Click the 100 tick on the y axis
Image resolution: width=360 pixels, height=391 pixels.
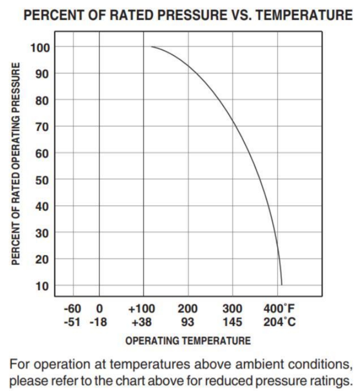pyautogui.click(x=40, y=47)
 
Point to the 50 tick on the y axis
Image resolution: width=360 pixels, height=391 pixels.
pyautogui.click(x=42, y=180)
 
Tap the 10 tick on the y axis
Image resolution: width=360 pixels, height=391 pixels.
pyautogui.click(x=42, y=286)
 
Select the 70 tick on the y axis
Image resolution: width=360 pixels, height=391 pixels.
pyautogui.click(x=42, y=127)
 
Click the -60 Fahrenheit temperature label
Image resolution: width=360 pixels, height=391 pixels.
pyautogui.click(x=72, y=309)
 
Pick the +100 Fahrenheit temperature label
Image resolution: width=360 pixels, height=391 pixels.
pyautogui.click(x=142, y=309)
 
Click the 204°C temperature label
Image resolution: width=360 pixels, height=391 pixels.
pyautogui.click(x=279, y=322)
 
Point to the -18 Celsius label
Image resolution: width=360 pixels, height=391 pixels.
pyautogui.click(x=98, y=322)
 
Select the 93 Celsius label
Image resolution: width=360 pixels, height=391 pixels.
pyautogui.click(x=187, y=322)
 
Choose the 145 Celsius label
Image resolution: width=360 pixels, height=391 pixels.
pyautogui.click(x=232, y=322)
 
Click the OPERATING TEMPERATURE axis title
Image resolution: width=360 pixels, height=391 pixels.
pyautogui.click(x=188, y=341)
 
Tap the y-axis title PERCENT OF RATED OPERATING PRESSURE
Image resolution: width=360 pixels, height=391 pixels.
pyautogui.click(x=16, y=164)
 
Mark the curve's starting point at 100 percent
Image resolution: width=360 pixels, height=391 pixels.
pyautogui.click(x=152, y=47)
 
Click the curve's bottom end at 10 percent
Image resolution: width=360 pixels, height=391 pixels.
pyautogui.click(x=282, y=285)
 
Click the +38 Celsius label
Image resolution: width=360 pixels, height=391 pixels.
pyautogui.click(x=142, y=322)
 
